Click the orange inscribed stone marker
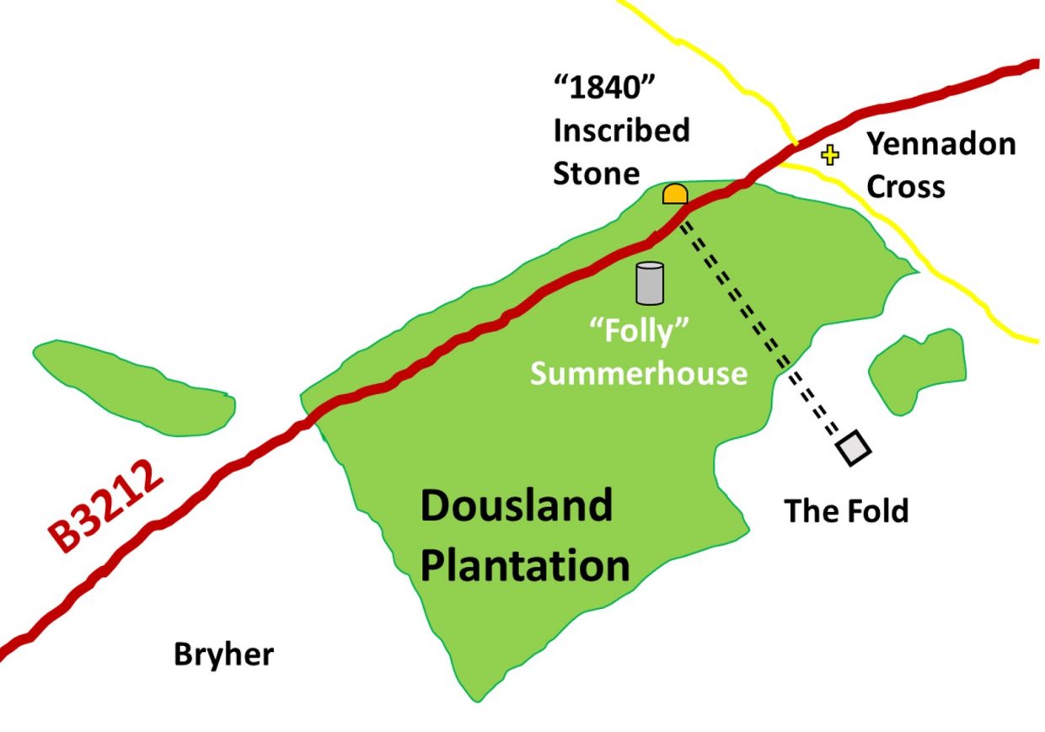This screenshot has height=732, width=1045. [x=675, y=195]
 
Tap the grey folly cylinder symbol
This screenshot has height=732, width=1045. [x=650, y=283]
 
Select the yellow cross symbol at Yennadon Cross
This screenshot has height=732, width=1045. [x=831, y=155]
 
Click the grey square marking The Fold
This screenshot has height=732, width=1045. [x=855, y=448]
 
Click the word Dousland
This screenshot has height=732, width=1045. [x=516, y=508]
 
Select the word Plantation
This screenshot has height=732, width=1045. [x=525, y=565]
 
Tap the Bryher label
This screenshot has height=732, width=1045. [x=223, y=655]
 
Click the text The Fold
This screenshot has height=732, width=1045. [x=846, y=510]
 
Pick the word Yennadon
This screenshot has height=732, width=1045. [x=941, y=145]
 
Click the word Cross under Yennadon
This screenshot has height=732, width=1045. [x=906, y=187]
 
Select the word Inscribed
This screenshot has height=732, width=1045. [x=621, y=131]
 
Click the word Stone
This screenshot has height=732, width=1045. [x=596, y=174]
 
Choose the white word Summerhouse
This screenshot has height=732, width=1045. [x=639, y=373]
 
